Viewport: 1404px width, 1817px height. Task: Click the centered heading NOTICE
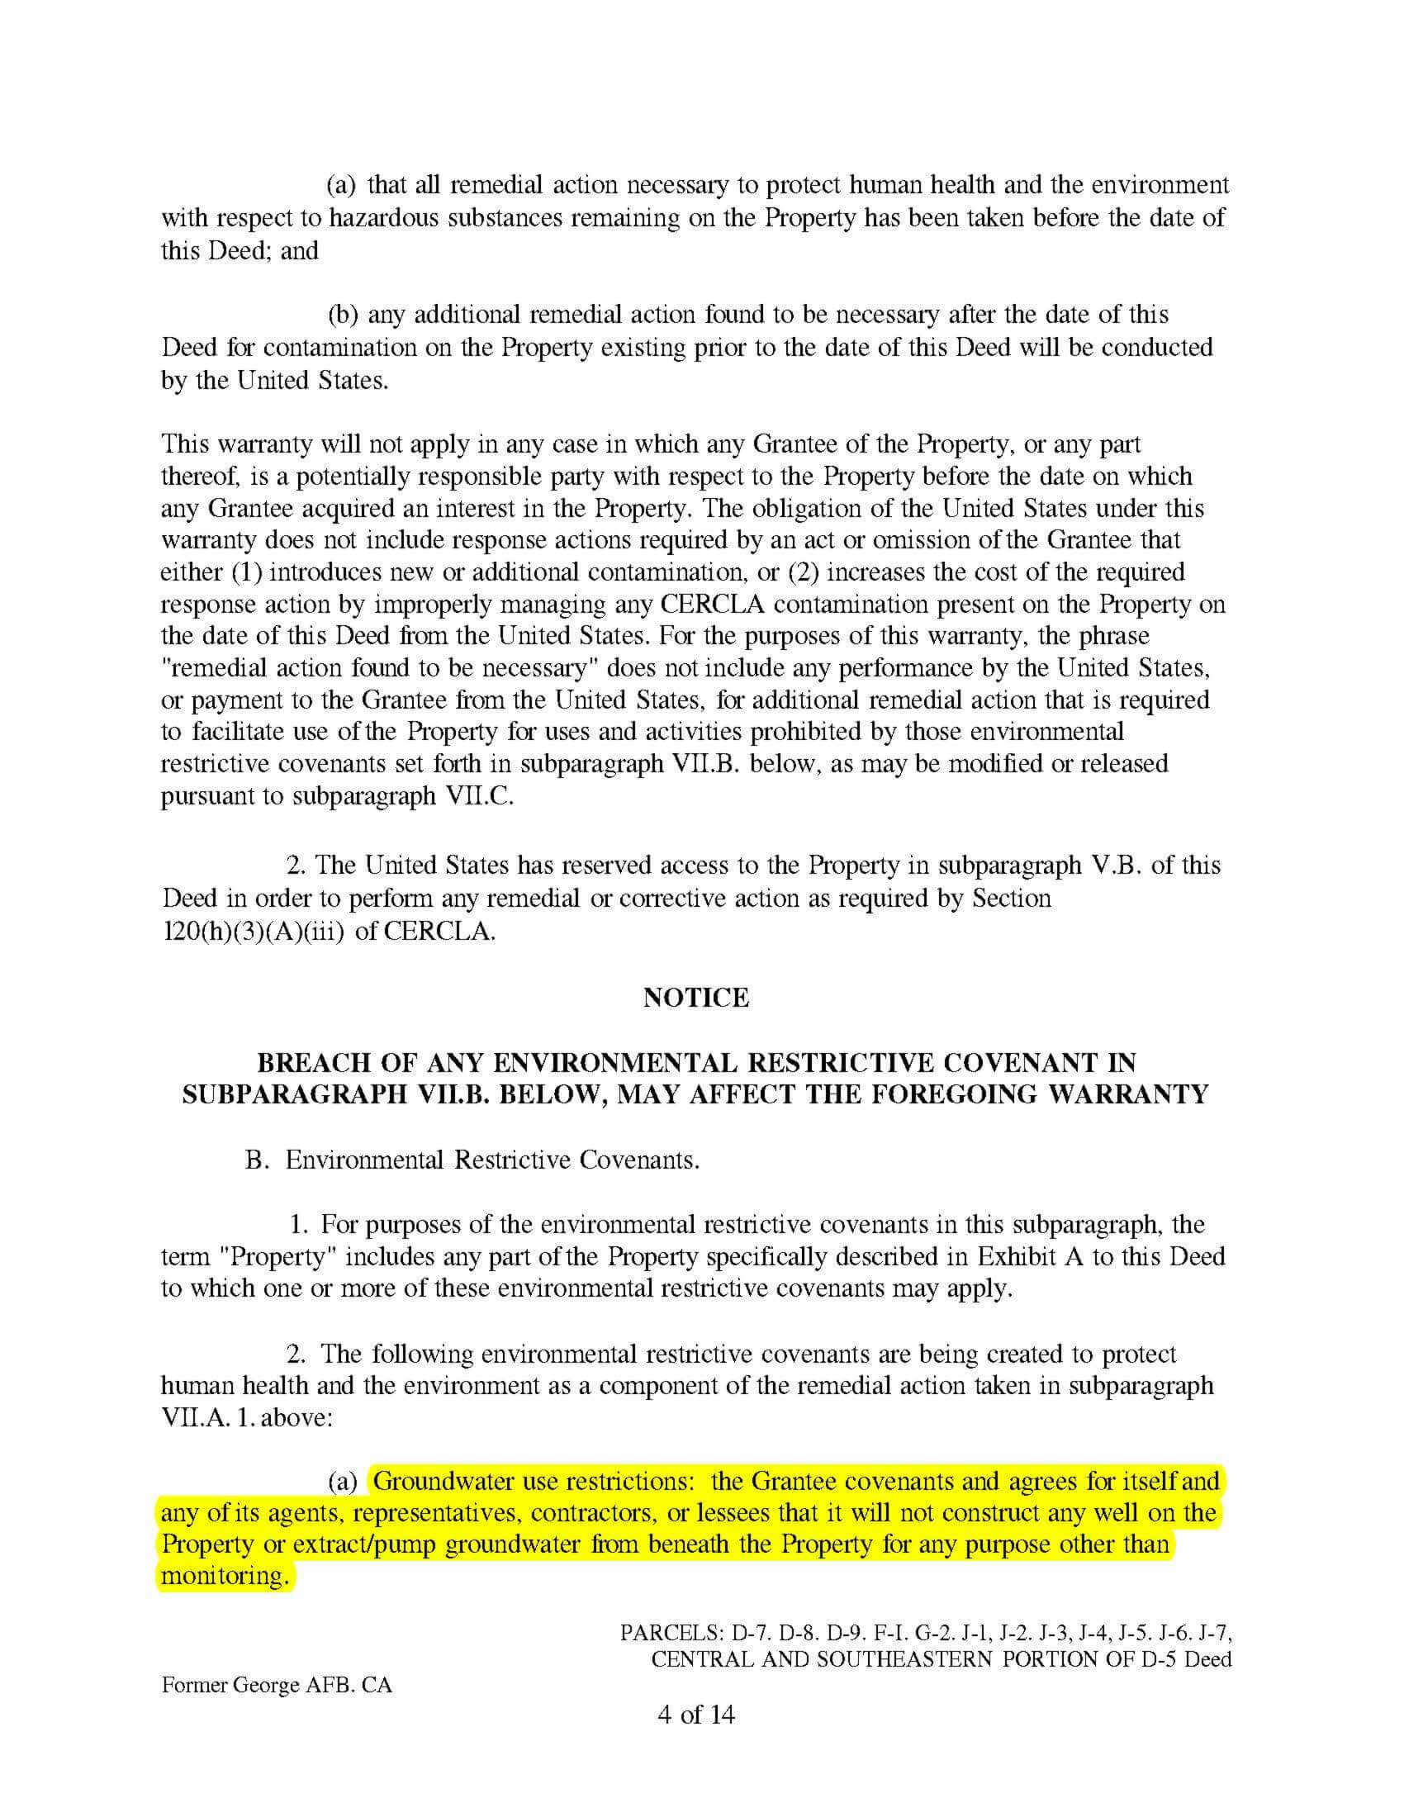(696, 998)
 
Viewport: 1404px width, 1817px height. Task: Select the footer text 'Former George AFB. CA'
(276, 1686)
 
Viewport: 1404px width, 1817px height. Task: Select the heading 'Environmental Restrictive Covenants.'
(492, 1160)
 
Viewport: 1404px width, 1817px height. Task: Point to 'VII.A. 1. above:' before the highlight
(247, 1416)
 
